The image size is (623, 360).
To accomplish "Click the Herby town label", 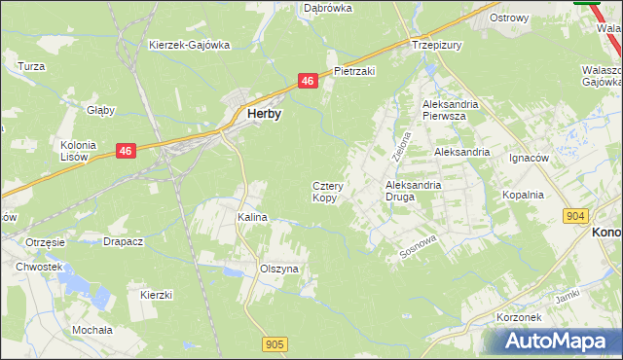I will tap(265, 114).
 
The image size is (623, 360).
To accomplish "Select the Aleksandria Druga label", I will tap(414, 190).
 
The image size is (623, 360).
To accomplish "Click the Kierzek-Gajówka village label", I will tap(189, 45).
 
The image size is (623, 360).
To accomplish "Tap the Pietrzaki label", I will tap(354, 71).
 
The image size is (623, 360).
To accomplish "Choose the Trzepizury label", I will tap(436, 45).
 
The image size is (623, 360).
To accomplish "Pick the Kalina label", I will tap(252, 217).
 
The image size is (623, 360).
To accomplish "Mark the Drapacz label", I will tap(124, 241).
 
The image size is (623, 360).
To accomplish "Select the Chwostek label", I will tap(39, 267).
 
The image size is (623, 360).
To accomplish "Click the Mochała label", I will tap(92, 330).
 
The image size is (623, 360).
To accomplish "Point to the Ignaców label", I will tap(530, 156).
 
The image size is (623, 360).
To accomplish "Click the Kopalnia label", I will tap(523, 195).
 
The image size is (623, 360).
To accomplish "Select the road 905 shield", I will tap(274, 343).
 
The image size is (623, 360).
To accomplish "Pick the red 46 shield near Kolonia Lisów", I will tap(126, 150).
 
